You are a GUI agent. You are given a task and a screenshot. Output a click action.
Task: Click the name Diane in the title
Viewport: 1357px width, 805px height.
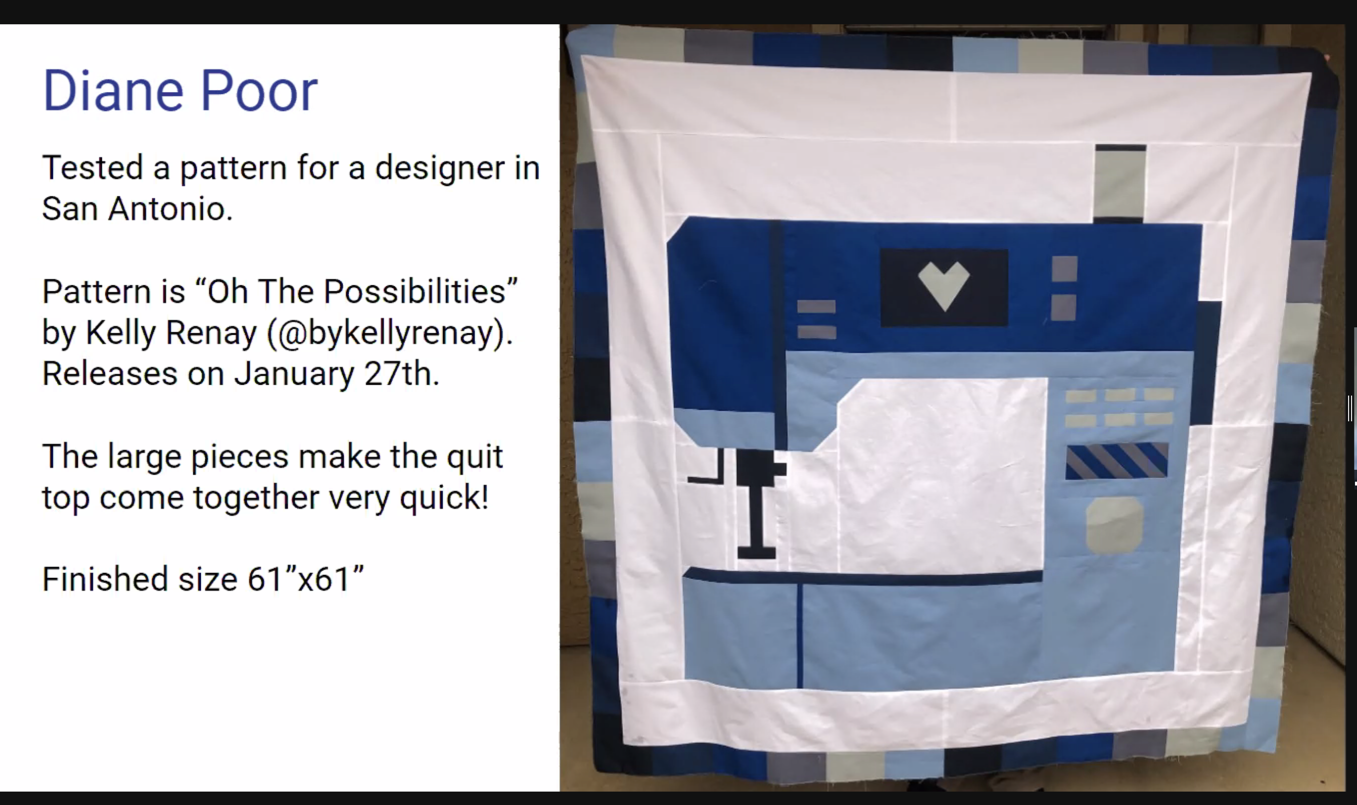(113, 90)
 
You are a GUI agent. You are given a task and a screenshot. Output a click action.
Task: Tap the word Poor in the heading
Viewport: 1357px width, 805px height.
(259, 90)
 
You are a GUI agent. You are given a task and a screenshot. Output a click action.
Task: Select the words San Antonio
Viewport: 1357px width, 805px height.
(137, 209)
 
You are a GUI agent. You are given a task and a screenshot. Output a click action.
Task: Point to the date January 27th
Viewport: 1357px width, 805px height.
(336, 374)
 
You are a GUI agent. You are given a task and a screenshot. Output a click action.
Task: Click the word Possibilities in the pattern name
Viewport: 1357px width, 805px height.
(414, 291)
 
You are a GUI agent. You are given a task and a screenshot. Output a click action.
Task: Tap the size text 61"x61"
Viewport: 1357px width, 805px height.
(305, 579)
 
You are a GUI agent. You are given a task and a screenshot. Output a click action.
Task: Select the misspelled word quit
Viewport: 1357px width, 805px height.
(475, 457)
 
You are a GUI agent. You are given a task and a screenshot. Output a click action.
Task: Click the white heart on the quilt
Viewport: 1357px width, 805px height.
(944, 286)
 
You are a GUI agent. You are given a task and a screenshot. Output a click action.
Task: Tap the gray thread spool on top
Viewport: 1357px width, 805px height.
(1120, 183)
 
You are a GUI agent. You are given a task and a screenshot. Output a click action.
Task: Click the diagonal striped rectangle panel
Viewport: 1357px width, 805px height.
(1117, 461)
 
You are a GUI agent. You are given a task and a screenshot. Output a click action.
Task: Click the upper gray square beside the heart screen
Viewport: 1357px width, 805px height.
(1064, 268)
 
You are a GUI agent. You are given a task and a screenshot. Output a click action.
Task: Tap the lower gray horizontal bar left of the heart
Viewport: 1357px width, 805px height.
(816, 331)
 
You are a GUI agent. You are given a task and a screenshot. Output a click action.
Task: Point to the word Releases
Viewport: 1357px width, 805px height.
(110, 374)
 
